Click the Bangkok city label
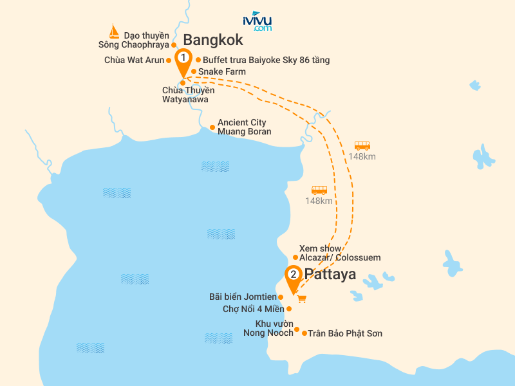213,40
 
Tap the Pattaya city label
330,275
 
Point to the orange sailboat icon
114,32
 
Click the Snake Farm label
221,71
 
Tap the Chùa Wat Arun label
134,60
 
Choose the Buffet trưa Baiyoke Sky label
266,60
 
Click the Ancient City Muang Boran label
244,127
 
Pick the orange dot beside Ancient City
212,127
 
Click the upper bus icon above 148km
362,146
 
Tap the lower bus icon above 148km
319,190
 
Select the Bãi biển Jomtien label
242,297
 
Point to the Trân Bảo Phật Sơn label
345,333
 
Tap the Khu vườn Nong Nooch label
268,328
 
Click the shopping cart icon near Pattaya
301,299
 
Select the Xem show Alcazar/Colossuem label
339,253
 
